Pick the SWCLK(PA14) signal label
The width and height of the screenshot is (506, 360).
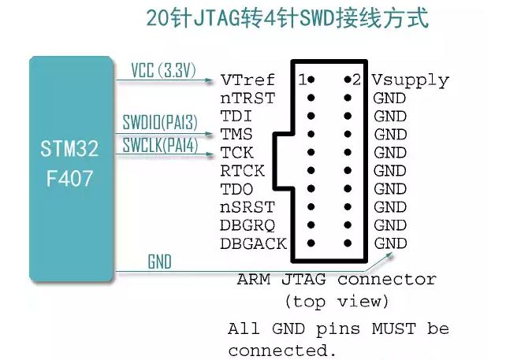(160, 144)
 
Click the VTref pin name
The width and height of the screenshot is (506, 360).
(247, 80)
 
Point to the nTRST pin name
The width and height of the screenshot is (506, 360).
(247, 98)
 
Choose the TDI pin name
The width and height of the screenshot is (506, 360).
(235, 117)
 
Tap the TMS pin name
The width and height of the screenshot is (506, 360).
(236, 135)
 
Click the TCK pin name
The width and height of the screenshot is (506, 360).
(236, 153)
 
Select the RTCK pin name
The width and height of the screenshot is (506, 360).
(242, 171)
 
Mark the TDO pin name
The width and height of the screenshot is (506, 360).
(236, 189)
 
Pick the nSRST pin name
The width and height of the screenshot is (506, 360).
(247, 207)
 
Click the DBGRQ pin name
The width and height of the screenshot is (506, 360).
(247, 225)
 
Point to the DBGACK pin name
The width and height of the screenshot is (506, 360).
(253, 243)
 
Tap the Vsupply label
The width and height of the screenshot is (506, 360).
(410, 80)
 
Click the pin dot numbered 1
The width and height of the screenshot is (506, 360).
(311, 80)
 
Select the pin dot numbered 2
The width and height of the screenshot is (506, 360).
(346, 80)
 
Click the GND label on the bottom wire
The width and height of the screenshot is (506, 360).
(159, 262)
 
